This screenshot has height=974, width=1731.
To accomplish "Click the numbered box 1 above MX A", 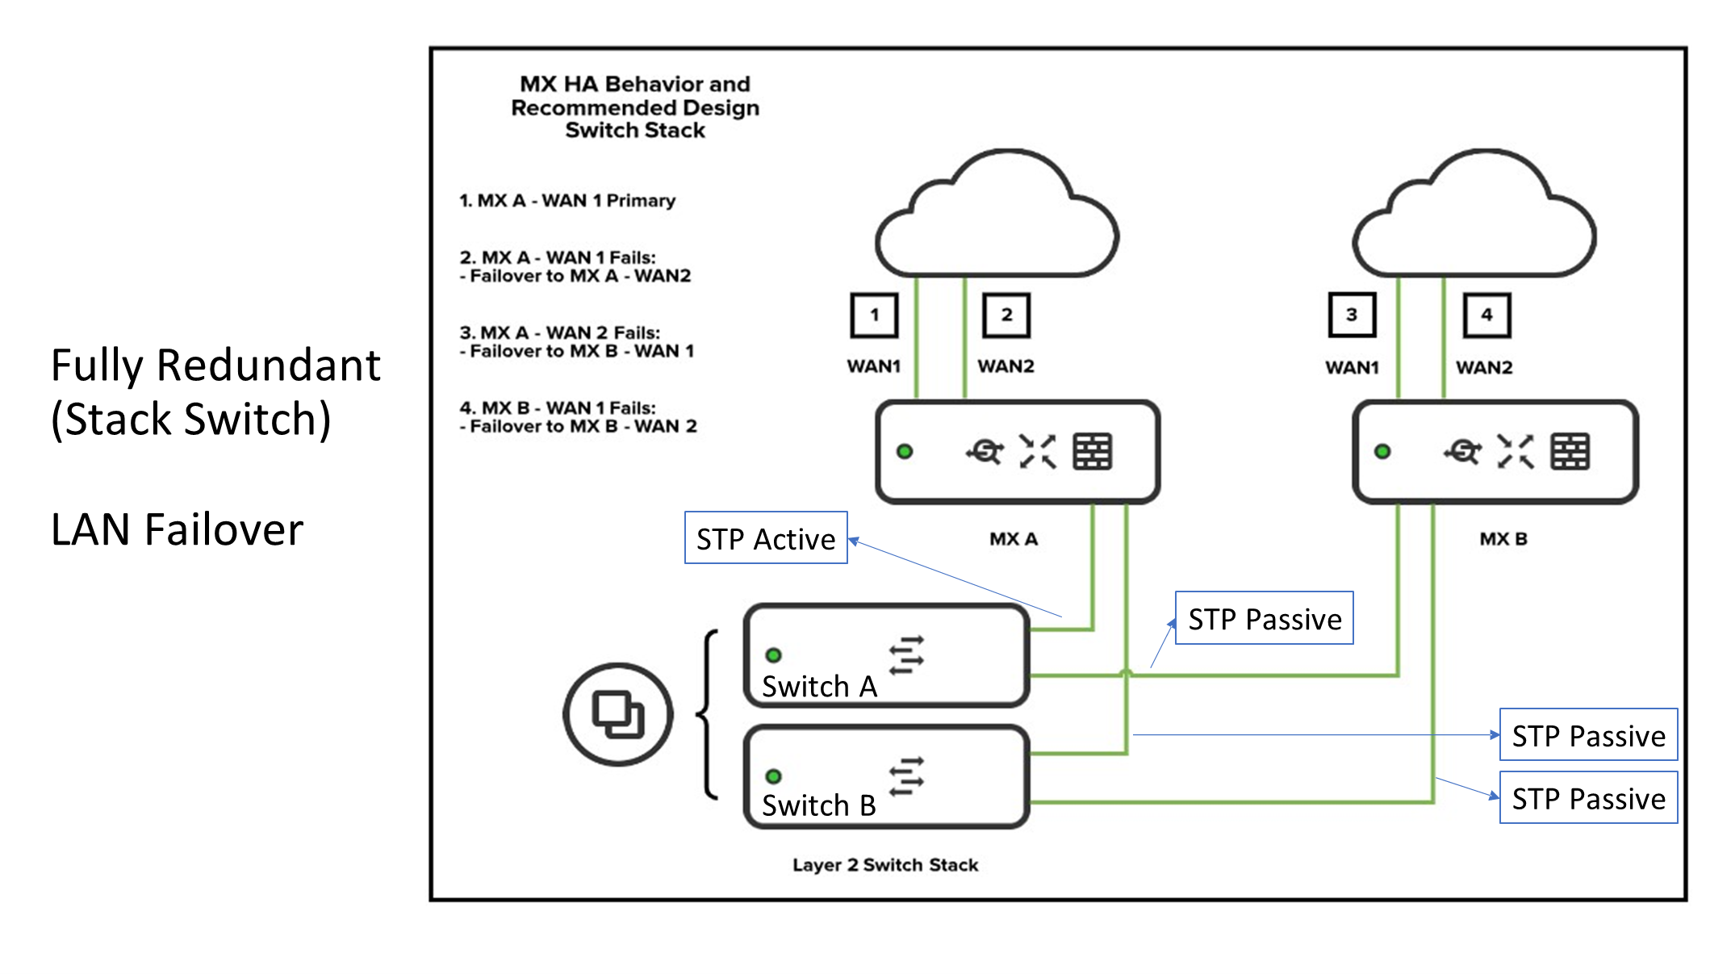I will point(874,316).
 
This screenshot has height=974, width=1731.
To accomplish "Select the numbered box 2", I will point(1006,316).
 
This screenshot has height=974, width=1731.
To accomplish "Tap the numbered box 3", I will point(1352,316).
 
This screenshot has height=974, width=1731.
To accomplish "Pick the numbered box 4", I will point(1486,316).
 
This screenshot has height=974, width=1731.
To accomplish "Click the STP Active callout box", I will point(766,538).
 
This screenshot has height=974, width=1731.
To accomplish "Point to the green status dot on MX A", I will point(905,452).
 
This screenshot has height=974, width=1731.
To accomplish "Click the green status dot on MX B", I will point(1382,452).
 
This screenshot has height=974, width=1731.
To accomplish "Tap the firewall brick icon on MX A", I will point(1093,452).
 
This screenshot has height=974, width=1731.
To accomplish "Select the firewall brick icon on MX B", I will point(1570,452).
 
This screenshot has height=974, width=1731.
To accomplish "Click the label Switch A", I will point(819,687).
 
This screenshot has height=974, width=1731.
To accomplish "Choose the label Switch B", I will point(819,805).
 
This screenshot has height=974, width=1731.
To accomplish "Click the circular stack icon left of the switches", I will point(618,714).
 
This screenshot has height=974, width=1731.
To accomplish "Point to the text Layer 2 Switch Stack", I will point(885,865).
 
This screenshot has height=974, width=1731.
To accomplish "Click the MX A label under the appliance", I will point(1014,539).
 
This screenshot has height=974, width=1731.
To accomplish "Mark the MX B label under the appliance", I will point(1503,539).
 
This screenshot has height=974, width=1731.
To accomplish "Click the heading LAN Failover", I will point(177,530).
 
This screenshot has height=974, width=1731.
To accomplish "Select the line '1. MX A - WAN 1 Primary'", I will point(567,201).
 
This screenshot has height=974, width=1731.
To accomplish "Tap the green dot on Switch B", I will point(773,776).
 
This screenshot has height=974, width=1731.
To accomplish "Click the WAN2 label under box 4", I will point(1484,368).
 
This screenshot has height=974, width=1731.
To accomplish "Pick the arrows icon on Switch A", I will point(906,655).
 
